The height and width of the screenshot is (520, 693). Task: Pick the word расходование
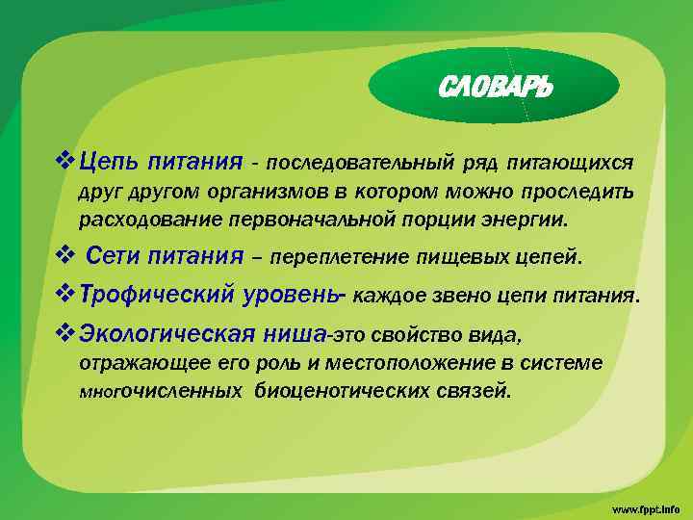(x=150, y=219)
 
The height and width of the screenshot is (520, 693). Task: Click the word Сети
(x=115, y=256)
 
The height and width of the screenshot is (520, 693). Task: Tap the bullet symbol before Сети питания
(x=64, y=256)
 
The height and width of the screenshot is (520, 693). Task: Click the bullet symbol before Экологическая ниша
(x=64, y=334)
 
